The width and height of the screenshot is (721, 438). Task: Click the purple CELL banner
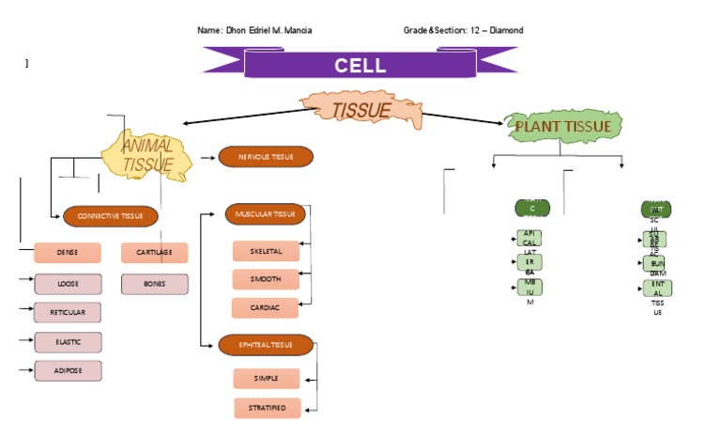[x=360, y=65]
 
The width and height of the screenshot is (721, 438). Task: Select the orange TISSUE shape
[x=360, y=110]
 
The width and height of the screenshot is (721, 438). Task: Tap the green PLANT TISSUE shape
[x=562, y=127]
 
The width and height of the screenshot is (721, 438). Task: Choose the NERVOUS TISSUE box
[x=266, y=157]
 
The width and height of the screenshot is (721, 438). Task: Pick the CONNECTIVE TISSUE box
[x=111, y=216]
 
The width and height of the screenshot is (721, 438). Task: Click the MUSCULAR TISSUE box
[x=266, y=214]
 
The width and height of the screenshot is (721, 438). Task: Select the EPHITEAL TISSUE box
[x=266, y=345]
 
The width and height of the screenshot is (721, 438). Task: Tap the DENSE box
[x=68, y=253]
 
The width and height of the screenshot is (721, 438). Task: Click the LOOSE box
[x=68, y=283]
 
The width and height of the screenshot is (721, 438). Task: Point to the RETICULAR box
[x=68, y=312]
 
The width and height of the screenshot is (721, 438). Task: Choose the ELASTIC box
[x=68, y=342]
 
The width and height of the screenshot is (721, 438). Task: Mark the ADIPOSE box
[x=68, y=371]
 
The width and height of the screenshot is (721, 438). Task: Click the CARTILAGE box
[x=154, y=253]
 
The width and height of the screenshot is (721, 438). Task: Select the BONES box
[x=154, y=283]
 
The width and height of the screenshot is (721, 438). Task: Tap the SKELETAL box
[x=266, y=252]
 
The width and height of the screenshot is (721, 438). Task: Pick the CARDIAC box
[x=266, y=307]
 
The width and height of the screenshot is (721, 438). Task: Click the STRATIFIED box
[x=267, y=408]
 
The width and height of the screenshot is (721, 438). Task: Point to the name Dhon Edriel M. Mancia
[x=268, y=30]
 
